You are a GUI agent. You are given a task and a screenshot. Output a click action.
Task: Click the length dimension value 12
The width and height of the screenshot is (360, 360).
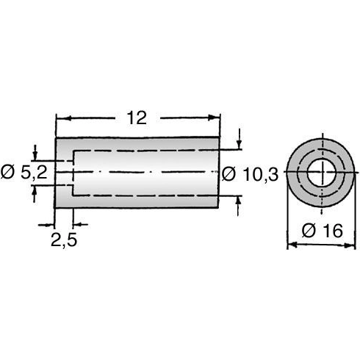pos(138,118)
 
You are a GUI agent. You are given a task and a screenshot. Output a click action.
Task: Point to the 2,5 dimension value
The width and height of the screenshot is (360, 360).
pos(64,240)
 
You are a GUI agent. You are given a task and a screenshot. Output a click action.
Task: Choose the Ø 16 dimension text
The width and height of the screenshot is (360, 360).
pos(321,231)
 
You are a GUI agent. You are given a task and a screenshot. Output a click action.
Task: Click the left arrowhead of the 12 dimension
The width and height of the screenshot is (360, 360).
pos(60,118)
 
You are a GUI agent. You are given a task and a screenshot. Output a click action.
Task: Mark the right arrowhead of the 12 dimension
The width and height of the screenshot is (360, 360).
pos(217,118)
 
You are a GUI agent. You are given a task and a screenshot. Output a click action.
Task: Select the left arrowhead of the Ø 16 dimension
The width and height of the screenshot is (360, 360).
pos(289,245)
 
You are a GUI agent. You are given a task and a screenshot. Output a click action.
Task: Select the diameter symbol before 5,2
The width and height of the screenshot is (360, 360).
pos(7,173)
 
